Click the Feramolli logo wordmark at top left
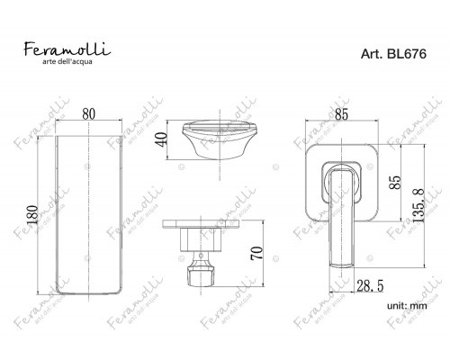pos(67,49)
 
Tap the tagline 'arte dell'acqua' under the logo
pos(67,62)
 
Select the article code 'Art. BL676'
pos(393,54)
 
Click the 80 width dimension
pos(89,114)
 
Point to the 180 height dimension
pos(32,215)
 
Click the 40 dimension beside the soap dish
pos(162,139)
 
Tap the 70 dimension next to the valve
pos(256,253)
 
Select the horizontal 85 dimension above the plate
pos(341,114)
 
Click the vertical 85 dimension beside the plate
pos(395,183)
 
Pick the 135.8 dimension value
pos(418,206)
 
